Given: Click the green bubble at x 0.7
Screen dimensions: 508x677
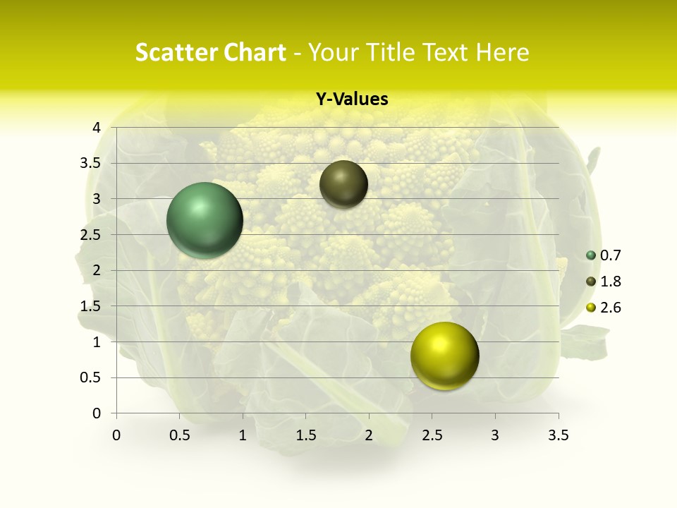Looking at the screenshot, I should (x=205, y=220).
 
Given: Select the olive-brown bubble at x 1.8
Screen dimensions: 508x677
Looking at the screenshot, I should (x=343, y=184).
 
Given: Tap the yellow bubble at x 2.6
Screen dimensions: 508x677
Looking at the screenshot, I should (x=444, y=356).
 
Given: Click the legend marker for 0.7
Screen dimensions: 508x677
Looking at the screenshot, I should (x=591, y=255).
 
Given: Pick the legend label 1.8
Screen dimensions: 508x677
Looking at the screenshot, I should (x=610, y=282).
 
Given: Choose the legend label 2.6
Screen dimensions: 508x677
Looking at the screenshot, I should (x=610, y=308).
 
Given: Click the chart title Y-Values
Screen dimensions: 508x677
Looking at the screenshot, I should (x=351, y=99).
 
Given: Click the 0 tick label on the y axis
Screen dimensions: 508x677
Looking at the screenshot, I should (x=97, y=413).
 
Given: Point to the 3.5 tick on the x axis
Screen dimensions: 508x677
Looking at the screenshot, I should (x=558, y=435).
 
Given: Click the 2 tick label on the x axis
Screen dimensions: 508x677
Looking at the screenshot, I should (x=369, y=435).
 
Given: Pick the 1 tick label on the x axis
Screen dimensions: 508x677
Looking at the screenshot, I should (x=243, y=435).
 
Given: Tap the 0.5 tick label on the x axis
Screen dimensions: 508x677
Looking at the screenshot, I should (x=180, y=435).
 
